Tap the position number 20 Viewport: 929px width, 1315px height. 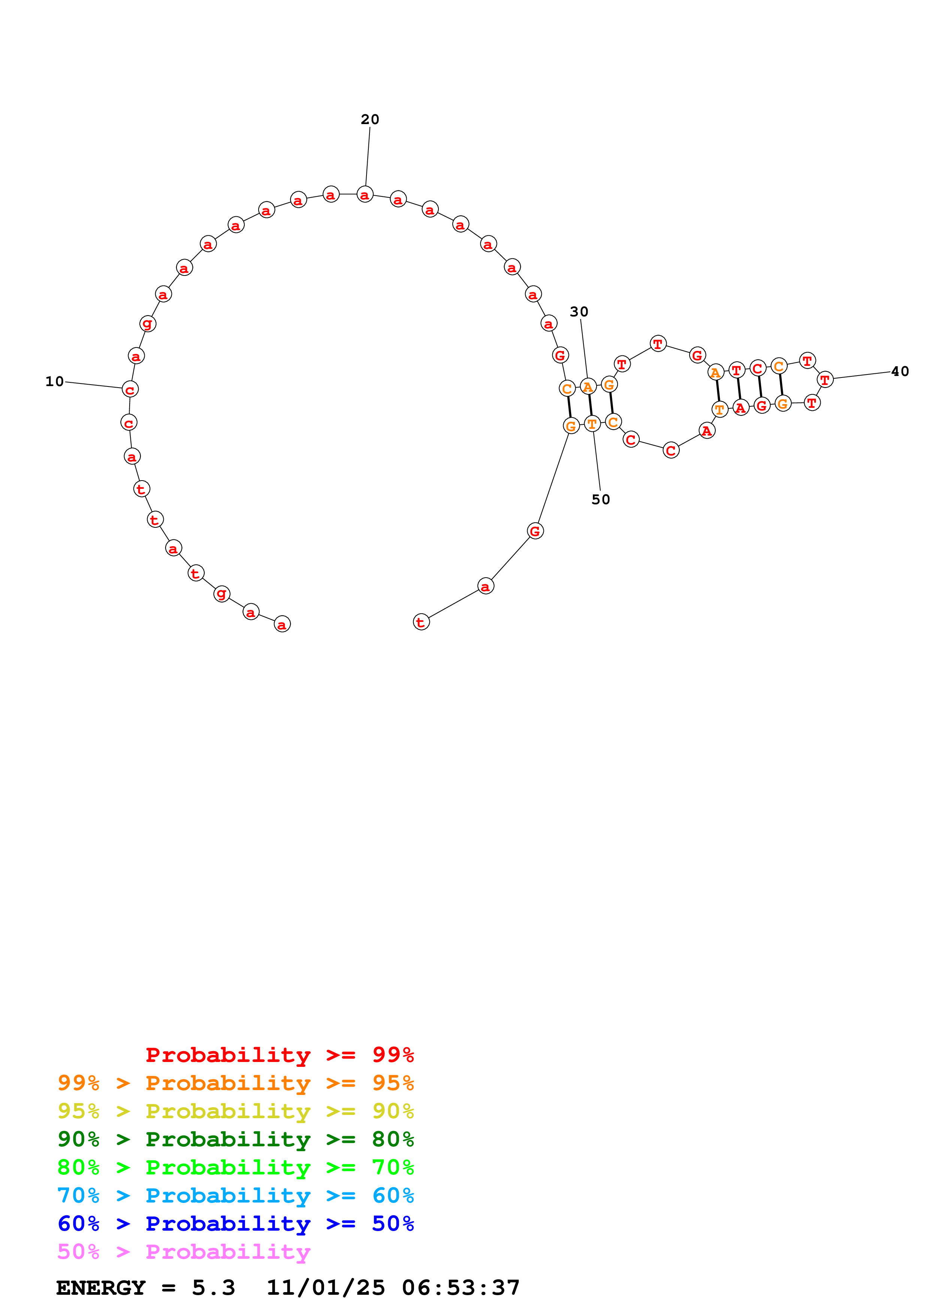[370, 119]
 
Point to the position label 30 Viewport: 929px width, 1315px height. [579, 312]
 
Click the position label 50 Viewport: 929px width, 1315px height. [600, 499]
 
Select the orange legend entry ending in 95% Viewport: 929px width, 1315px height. [235, 1083]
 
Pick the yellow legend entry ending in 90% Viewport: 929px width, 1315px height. [235, 1111]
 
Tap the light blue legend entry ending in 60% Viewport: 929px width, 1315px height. [235, 1195]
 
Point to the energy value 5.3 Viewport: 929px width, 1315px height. [213, 1288]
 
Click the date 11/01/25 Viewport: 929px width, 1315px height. [326, 1288]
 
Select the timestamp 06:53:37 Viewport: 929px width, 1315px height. [461, 1288]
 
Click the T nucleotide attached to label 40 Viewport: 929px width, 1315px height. [825, 379]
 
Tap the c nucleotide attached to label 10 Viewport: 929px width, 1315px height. [130, 389]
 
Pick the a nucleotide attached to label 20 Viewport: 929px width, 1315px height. [365, 194]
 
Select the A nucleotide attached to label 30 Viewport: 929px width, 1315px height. [588, 386]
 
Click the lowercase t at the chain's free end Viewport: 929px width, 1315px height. [421, 622]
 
